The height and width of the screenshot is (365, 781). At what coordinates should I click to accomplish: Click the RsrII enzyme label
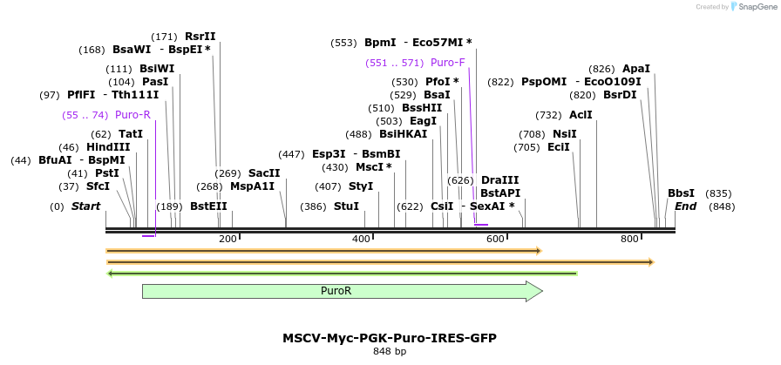200,37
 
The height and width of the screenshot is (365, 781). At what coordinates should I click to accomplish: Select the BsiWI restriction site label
157,69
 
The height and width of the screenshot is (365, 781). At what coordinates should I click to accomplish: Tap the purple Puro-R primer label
132,114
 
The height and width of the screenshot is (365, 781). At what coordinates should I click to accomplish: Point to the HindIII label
108,147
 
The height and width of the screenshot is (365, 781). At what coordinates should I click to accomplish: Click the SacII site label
264,172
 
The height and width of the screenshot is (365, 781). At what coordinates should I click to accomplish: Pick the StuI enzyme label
346,206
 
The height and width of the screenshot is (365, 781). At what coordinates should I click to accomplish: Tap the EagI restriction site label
424,121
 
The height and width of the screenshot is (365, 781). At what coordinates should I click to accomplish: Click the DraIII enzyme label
499,179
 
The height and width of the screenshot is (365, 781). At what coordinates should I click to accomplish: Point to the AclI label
581,114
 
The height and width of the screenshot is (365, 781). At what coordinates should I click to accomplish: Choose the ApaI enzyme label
636,69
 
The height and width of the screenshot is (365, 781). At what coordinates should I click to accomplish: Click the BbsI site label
681,193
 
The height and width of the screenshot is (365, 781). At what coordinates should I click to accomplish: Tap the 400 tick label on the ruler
362,239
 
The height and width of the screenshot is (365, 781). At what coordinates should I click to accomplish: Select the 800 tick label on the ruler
629,239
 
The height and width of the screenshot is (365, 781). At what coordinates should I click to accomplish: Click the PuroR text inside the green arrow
336,291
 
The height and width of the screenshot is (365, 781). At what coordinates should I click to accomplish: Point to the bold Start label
85,206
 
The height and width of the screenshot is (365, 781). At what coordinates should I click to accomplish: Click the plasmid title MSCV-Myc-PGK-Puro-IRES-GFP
390,337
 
